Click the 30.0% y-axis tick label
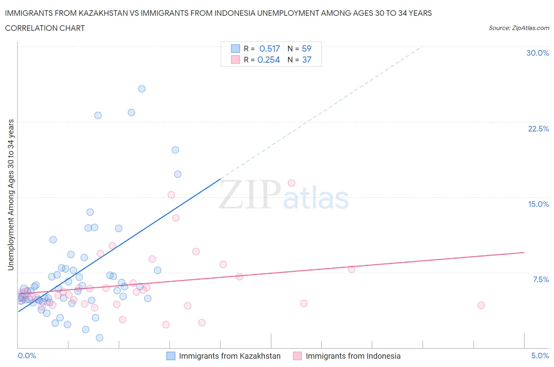[x=537, y=53]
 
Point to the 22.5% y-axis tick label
[x=538, y=129]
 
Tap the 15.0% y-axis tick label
[x=538, y=204]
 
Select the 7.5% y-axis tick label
[x=541, y=279]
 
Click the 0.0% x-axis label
[x=27, y=356]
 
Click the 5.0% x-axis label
[x=540, y=356]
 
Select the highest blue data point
[x=142, y=89]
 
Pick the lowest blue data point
[x=99, y=338]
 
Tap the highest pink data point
[x=292, y=183]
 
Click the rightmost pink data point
[x=481, y=305]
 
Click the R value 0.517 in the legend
[x=270, y=49]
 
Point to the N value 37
[x=307, y=60]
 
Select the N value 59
[x=307, y=49]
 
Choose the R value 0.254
[x=268, y=60]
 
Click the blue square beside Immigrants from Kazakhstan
[x=171, y=356]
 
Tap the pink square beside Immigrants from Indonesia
[x=297, y=356]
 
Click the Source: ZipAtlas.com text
[x=519, y=28]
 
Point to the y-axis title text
[x=11, y=195]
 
